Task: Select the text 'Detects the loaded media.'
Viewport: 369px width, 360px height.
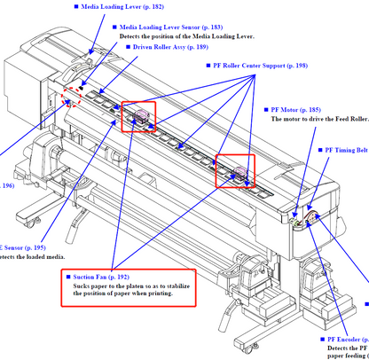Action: pyautogui.click(x=32, y=257)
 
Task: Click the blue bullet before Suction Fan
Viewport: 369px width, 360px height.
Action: pyautogui.click(x=68, y=278)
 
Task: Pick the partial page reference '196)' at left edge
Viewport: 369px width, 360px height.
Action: pyautogui.click(x=7, y=185)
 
